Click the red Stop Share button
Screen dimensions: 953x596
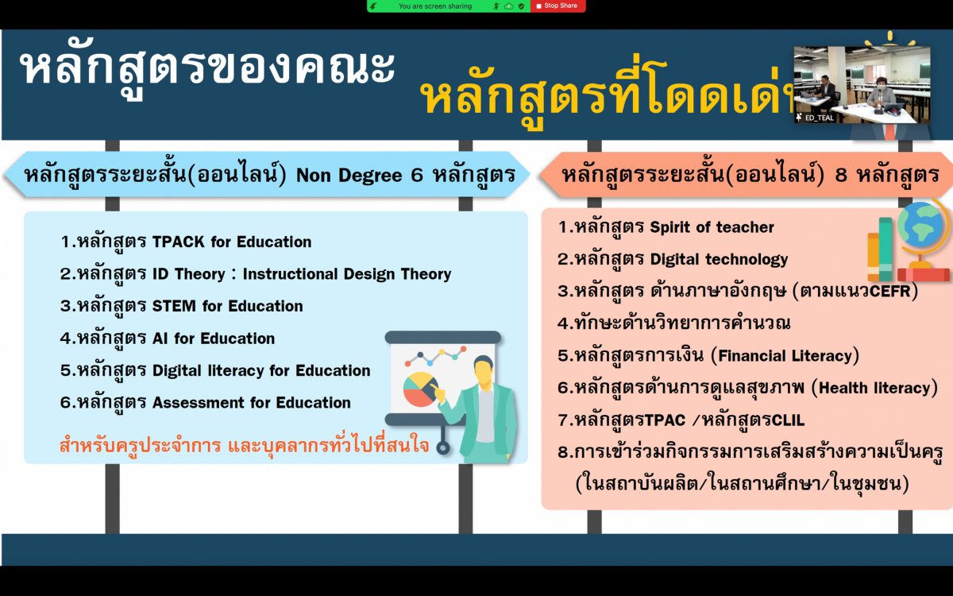(558, 6)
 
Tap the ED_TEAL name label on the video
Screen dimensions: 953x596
(819, 118)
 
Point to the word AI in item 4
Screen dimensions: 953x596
(160, 339)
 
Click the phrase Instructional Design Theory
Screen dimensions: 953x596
(347, 274)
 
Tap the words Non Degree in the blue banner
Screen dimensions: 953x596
(349, 176)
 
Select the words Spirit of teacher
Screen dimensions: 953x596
(712, 227)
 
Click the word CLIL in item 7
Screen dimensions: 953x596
(788, 420)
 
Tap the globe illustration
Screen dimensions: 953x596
(921, 226)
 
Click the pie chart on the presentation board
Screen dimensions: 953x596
(421, 389)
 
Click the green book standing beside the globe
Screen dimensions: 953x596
(885, 250)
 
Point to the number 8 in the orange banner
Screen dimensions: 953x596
(841, 176)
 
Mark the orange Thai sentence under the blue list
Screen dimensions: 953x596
(245, 445)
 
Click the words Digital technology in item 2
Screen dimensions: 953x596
(719, 260)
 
